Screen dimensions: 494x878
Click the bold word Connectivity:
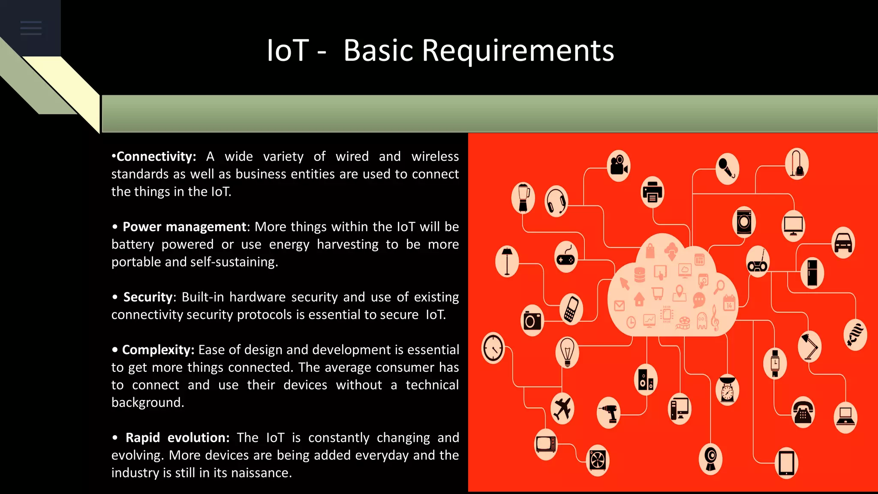156,157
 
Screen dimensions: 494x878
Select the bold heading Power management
184,227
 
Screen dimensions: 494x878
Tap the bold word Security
148,297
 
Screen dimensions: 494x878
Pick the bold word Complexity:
158,350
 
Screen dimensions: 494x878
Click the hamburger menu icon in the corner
31,28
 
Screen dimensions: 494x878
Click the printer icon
652,192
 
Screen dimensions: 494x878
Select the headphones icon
556,202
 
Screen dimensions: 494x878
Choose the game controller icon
565,257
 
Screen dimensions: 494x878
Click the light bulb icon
567,352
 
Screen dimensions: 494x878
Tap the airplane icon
562,408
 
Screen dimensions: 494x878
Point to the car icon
843,243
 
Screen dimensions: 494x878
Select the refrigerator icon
812,273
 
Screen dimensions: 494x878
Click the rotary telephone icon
803,412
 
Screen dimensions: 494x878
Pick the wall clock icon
493,348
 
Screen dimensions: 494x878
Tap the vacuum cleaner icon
797,164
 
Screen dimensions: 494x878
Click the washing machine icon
744,222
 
